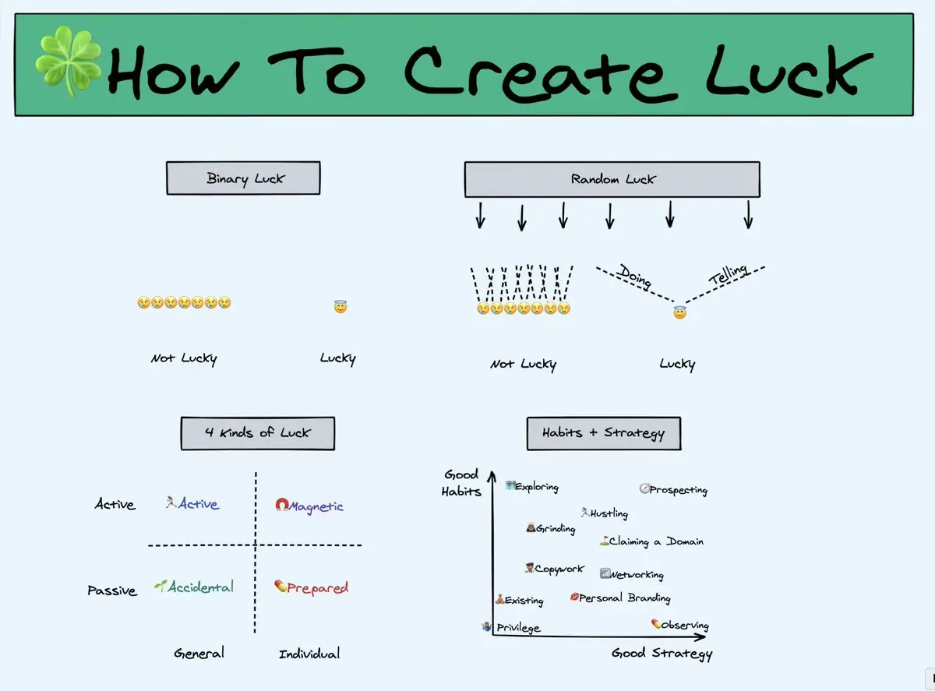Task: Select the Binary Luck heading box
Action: click(x=243, y=178)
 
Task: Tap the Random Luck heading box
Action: click(x=612, y=179)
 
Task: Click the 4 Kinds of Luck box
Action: click(x=257, y=432)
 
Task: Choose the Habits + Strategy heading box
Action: click(x=603, y=432)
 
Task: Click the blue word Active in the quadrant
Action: click(x=198, y=504)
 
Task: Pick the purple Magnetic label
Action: click(x=316, y=506)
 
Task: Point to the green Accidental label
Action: click(x=200, y=587)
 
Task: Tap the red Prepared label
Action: click(x=317, y=588)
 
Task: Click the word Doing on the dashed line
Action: click(x=635, y=276)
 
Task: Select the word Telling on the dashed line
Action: click(x=728, y=274)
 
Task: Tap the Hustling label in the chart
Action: click(x=609, y=513)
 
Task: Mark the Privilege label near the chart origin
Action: click(x=517, y=628)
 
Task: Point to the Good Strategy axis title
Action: click(x=662, y=654)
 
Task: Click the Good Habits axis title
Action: click(x=461, y=483)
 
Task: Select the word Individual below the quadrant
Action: click(x=309, y=654)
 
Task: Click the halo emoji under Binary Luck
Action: click(x=340, y=307)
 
